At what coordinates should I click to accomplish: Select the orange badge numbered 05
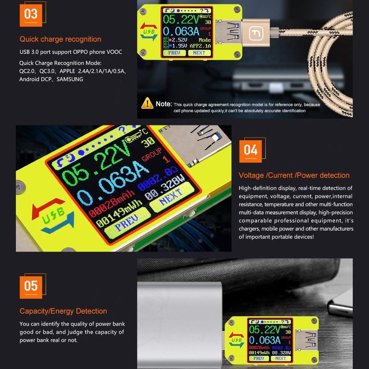[x=31, y=286]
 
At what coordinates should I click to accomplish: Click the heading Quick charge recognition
[x=60, y=39]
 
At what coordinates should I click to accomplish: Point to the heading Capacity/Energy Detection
[x=63, y=311]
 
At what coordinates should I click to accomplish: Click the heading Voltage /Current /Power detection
[x=294, y=175]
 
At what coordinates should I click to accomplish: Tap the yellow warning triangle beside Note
[x=147, y=103]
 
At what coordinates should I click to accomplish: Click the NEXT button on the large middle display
[x=171, y=200]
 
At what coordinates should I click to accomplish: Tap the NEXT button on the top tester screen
[x=199, y=53]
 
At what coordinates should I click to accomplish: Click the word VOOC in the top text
[x=114, y=52]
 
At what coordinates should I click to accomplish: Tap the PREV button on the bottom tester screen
[x=258, y=358]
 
